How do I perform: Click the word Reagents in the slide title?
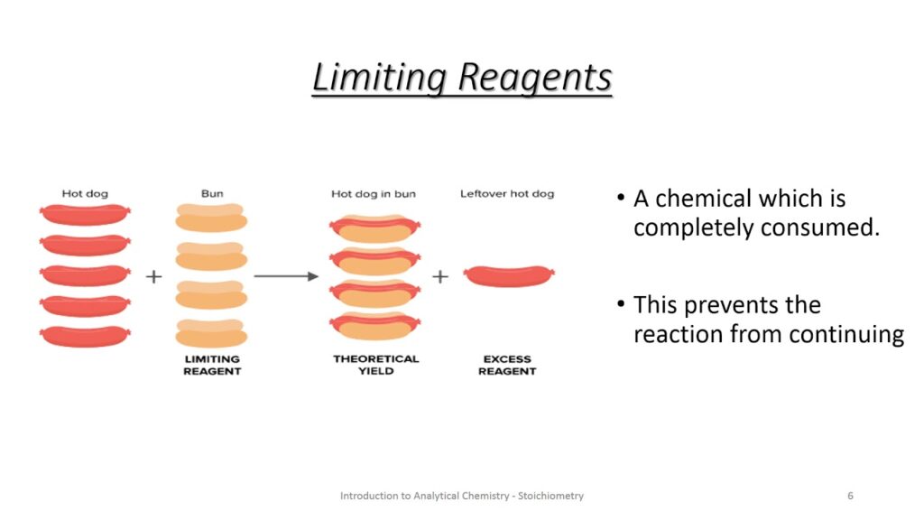(535, 77)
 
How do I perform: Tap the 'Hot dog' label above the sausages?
(84, 193)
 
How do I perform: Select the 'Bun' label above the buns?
(211, 193)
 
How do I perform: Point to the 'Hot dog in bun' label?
(374, 193)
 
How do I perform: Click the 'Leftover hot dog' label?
(507, 193)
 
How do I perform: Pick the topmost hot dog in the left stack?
(85, 215)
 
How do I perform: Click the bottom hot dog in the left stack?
(85, 336)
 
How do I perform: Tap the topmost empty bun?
(211, 218)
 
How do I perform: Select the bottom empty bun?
(211, 333)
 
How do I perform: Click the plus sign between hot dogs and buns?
(153, 276)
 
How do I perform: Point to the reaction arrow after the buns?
(286, 276)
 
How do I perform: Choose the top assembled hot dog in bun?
(374, 227)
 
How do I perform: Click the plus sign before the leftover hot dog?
(439, 276)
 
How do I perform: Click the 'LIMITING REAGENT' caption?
(212, 365)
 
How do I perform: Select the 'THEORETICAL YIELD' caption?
(375, 365)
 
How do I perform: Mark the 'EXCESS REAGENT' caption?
(507, 365)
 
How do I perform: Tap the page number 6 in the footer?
(850, 496)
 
